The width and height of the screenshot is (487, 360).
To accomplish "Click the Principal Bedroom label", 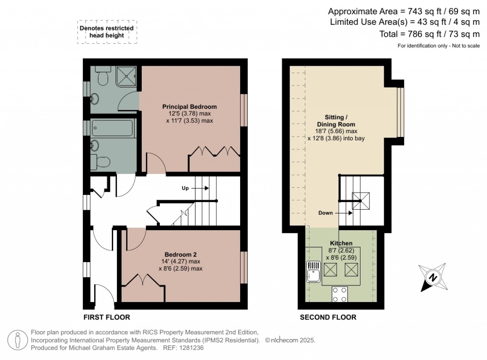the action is [x=189, y=107].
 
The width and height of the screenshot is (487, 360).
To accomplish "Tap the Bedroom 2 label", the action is [x=180, y=254].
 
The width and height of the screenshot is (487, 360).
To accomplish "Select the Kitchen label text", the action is [x=341, y=243].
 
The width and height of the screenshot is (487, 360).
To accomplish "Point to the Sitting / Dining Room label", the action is [x=336, y=120].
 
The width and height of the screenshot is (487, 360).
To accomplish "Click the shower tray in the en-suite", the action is [x=127, y=76].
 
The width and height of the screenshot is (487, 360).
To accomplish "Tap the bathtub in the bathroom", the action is [x=112, y=128].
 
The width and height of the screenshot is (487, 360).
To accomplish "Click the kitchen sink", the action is [x=313, y=272].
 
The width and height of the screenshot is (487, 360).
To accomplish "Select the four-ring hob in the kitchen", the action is [x=340, y=294].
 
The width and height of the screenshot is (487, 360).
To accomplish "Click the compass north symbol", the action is [x=433, y=277].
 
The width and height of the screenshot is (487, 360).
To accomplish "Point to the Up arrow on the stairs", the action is [x=200, y=188].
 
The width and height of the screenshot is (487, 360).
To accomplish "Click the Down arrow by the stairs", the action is [x=344, y=213].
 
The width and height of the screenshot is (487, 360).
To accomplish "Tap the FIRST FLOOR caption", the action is [x=107, y=317].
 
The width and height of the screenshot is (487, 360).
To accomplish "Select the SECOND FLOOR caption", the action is [x=328, y=317].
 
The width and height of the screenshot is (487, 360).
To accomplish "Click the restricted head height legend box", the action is [x=107, y=32].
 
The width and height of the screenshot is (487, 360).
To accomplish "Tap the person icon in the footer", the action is [x=18, y=340].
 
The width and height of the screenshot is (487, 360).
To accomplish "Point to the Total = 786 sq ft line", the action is [x=429, y=34].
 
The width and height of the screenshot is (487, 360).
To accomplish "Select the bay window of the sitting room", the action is [x=400, y=112].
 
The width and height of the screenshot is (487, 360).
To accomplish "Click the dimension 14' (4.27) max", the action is [x=180, y=262].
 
